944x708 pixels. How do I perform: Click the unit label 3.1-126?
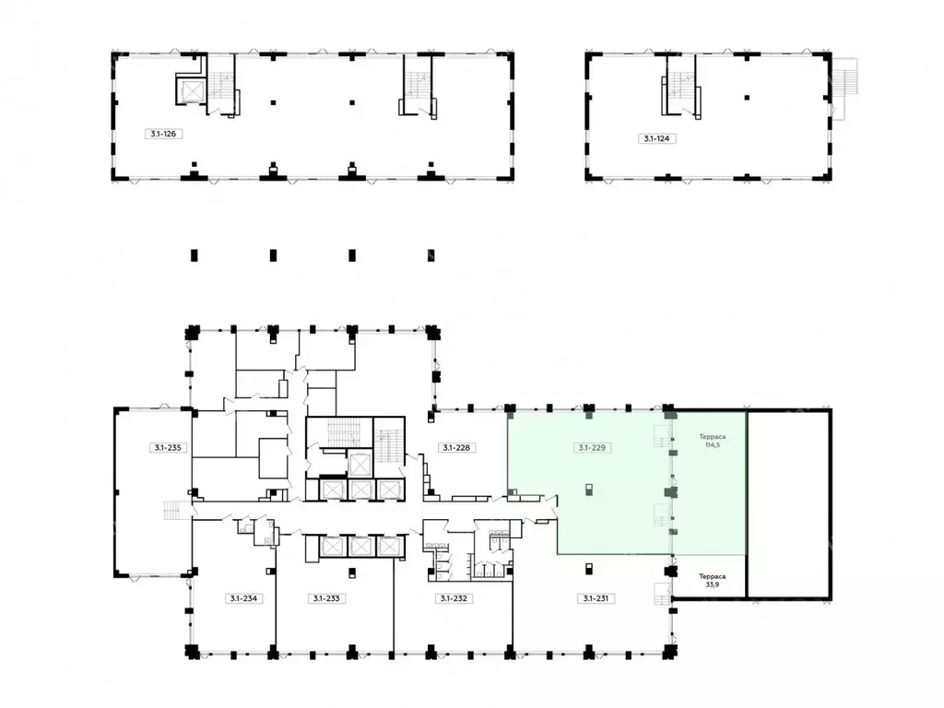163,134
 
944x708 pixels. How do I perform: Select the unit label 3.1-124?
656,138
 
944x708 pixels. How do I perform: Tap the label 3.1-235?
168,448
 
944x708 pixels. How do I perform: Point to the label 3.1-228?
456,448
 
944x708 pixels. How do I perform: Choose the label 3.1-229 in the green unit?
592,448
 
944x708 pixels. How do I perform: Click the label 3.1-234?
243,598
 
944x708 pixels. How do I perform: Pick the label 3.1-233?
326,598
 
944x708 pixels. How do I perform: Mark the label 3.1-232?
454,598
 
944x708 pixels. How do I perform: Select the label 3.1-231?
596,598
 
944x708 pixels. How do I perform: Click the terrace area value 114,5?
713,445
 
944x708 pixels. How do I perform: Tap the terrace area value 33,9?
713,584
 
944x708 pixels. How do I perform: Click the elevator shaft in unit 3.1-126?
192,91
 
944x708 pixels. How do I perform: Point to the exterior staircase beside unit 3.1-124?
844,88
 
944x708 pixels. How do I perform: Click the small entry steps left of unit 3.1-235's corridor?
172,511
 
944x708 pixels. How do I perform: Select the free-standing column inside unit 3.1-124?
747,98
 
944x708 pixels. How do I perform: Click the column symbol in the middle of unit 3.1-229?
589,490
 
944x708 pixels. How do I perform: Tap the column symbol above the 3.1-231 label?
589,568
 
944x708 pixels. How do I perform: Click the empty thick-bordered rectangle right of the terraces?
789,504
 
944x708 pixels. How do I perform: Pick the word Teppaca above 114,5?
713,436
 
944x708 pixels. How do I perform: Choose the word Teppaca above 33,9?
713,576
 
